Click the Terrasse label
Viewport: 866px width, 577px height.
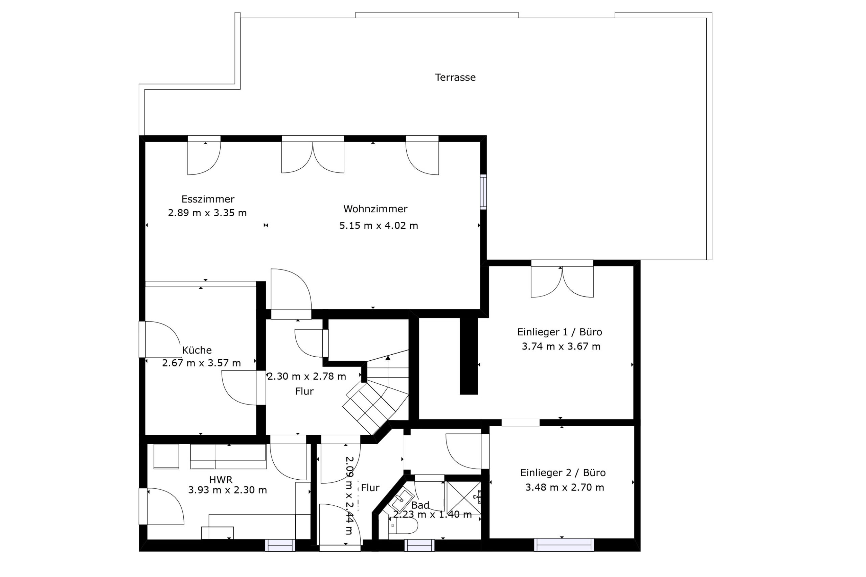455,78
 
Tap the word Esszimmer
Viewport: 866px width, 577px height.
208,199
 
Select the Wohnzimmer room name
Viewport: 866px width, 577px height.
375,209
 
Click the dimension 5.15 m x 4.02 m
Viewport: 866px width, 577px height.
379,225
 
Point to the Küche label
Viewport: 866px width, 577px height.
197,350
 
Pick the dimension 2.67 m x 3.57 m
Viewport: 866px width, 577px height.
201,363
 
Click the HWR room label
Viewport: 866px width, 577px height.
221,480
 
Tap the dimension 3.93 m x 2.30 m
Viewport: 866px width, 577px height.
228,490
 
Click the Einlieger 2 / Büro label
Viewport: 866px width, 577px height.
563,473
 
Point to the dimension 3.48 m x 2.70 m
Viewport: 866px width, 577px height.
565,487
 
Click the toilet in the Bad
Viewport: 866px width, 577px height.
403,526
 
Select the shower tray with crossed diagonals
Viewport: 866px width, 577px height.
463,498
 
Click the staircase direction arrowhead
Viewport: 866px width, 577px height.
388,357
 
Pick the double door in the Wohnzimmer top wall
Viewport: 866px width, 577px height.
313,154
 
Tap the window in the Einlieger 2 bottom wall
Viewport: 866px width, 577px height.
564,545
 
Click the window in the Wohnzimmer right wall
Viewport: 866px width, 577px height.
483,192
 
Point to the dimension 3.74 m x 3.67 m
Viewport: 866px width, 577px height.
561,346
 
